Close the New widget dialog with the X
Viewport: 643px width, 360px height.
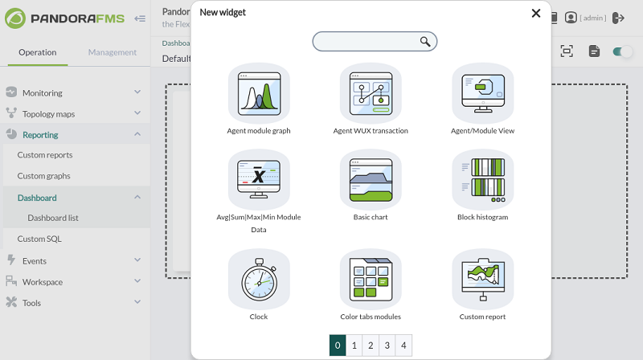(535, 13)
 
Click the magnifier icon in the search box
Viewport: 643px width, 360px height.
(425, 42)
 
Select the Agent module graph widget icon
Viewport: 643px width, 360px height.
(259, 93)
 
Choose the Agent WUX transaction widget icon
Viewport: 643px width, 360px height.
(371, 93)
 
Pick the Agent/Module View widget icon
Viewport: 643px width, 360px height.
(483, 93)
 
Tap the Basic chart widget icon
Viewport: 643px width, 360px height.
(371, 180)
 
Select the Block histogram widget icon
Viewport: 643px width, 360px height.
(483, 180)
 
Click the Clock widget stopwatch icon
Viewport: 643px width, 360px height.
(259, 280)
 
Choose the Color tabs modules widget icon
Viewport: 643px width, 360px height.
(371, 280)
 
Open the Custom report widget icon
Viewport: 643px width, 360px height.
(483, 280)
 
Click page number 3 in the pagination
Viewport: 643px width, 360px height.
(387, 346)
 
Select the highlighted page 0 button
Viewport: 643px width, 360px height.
(338, 346)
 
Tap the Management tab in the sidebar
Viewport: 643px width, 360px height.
(113, 52)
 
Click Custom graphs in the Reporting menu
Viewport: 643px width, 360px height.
(44, 176)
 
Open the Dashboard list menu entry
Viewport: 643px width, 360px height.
(53, 218)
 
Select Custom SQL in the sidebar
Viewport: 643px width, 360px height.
(39, 239)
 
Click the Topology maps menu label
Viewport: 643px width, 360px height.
(48, 114)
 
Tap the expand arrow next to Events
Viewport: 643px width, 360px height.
(137, 260)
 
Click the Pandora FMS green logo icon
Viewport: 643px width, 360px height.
(15, 18)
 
